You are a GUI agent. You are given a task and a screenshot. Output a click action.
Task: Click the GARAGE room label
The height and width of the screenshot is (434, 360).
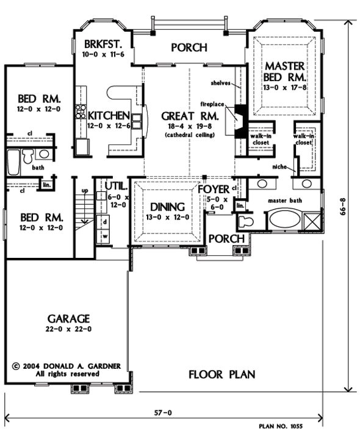68,318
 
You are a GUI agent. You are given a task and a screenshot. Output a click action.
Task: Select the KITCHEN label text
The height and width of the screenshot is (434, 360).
109,115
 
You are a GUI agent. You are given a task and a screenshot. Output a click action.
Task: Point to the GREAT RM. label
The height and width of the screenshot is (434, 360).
188,115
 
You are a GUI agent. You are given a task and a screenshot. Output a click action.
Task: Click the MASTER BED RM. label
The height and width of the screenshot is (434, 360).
284,70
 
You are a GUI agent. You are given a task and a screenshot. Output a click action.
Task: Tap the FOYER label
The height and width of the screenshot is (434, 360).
213,189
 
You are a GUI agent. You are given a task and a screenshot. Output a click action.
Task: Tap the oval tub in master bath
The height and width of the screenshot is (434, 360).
286,219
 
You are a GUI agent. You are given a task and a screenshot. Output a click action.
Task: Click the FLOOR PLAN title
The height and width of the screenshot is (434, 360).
221,374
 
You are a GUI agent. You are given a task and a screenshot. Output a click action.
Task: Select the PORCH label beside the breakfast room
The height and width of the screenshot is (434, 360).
189,48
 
